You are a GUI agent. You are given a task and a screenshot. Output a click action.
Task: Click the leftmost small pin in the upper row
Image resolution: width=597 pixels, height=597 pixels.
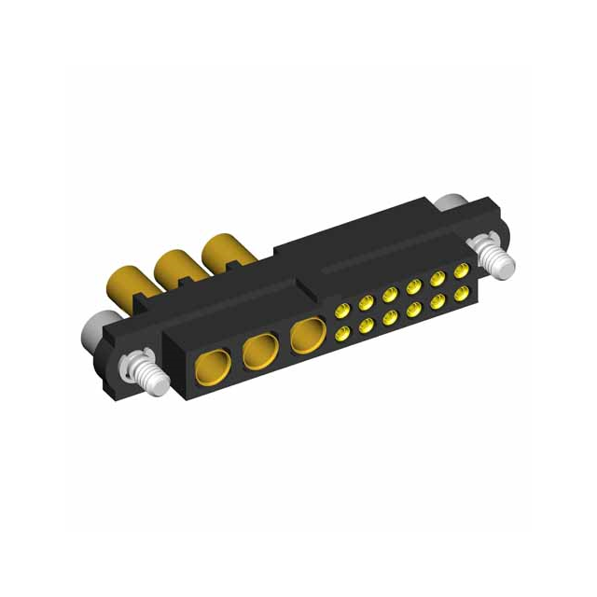point(341,309)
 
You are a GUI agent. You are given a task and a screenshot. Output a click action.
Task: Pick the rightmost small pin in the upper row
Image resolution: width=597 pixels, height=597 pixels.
point(460,272)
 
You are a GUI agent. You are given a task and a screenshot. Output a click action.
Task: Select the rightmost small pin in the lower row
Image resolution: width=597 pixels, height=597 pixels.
point(460,293)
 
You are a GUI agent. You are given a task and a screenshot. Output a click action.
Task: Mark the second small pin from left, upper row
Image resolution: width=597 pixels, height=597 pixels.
point(365,301)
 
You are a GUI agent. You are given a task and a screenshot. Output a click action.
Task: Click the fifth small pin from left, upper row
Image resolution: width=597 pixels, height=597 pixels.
point(437,280)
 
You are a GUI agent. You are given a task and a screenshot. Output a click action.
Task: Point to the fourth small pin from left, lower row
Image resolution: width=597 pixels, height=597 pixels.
point(412,308)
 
